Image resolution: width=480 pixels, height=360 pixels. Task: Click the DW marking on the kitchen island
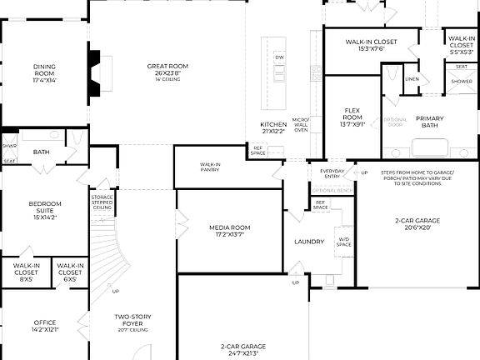(x=280, y=57)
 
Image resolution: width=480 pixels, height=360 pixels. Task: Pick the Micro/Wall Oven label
(x=301, y=125)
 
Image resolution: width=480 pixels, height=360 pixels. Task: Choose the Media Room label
(x=229, y=230)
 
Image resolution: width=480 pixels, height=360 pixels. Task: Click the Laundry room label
(x=308, y=242)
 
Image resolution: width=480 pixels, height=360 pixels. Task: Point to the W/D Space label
(x=343, y=243)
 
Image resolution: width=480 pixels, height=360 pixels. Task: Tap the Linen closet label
(x=412, y=79)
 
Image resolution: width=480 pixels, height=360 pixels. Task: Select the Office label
(x=44, y=326)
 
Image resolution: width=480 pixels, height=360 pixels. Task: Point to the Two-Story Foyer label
(x=132, y=320)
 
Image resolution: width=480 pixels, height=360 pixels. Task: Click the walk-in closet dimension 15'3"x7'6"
(x=371, y=48)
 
